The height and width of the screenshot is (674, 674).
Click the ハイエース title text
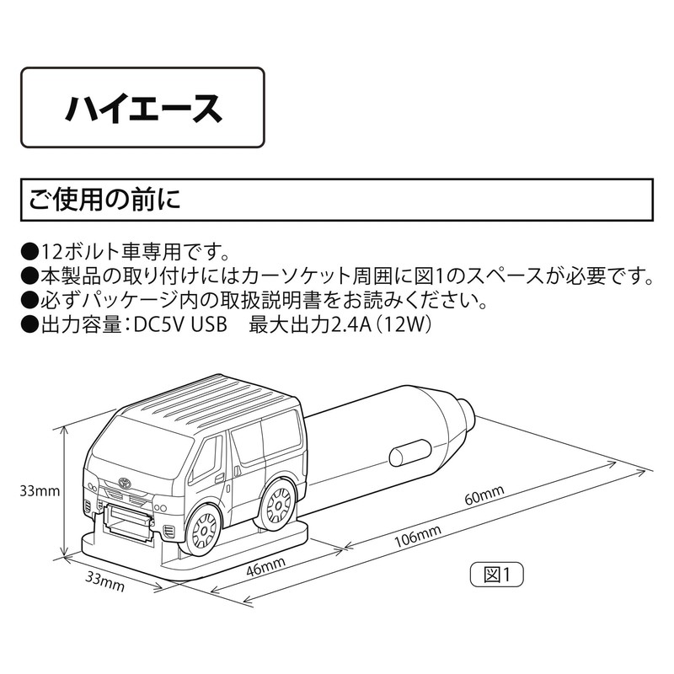(x=143, y=109)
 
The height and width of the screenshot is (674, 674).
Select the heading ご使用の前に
(x=104, y=200)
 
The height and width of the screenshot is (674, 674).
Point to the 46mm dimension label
(x=265, y=567)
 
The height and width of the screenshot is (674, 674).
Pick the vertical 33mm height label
(x=40, y=491)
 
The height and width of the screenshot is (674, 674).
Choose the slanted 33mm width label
(x=105, y=581)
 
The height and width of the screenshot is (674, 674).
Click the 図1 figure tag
(x=497, y=575)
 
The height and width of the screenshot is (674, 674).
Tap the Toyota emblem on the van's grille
(x=124, y=482)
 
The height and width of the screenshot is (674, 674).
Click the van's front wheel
(x=206, y=530)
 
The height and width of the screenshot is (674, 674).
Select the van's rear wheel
(x=279, y=503)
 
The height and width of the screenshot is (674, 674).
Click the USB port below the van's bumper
(x=129, y=517)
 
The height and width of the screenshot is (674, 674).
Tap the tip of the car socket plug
(x=468, y=415)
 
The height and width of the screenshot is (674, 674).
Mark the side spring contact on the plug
(x=409, y=453)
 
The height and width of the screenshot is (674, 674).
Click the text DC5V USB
(x=180, y=325)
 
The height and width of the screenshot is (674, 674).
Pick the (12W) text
(x=404, y=325)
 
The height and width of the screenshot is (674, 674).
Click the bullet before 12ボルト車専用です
(x=29, y=252)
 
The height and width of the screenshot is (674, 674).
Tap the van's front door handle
(x=220, y=477)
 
